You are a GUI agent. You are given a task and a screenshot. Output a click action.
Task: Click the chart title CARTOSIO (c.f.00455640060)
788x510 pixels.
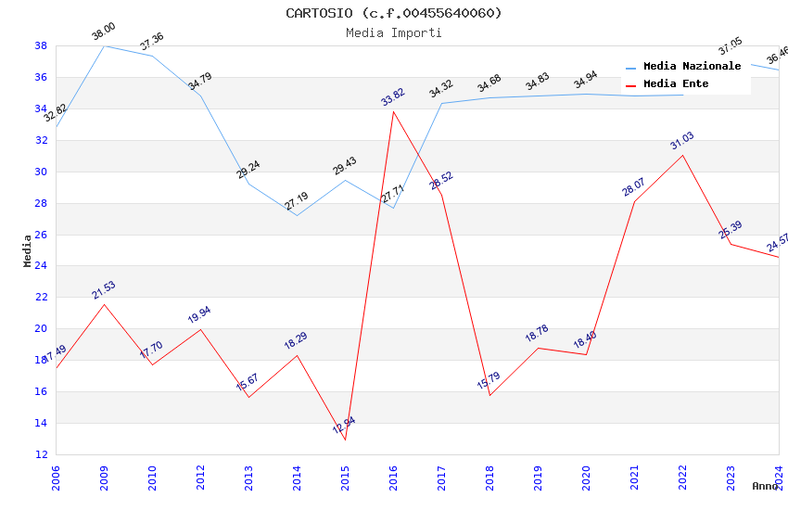(394, 13)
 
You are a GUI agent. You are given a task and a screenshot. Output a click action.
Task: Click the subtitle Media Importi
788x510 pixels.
(394, 32)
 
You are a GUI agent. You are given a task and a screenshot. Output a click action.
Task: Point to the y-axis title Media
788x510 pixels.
(27, 250)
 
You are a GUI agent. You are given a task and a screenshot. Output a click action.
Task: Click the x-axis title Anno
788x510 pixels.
(765, 486)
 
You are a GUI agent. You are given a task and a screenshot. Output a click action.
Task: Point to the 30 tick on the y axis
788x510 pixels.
(41, 172)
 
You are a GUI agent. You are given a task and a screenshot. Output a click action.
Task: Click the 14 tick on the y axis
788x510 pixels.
(41, 423)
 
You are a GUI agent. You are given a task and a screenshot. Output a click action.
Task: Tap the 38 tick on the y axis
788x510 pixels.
(41, 45)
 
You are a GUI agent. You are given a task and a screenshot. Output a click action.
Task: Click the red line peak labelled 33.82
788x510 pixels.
(393, 111)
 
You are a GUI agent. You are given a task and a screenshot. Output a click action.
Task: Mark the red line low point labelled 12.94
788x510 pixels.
(345, 440)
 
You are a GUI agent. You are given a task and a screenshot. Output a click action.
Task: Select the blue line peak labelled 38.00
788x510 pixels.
(104, 45)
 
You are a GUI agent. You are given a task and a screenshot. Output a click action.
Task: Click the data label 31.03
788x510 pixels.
(681, 141)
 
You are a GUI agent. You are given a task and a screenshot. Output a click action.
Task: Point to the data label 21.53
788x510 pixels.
(103, 290)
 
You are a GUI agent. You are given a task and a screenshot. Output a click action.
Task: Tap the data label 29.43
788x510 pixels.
(344, 166)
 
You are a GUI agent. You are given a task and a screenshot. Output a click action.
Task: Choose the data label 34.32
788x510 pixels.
(440, 89)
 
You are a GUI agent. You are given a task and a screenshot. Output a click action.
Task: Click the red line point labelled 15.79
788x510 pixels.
(489, 395)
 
